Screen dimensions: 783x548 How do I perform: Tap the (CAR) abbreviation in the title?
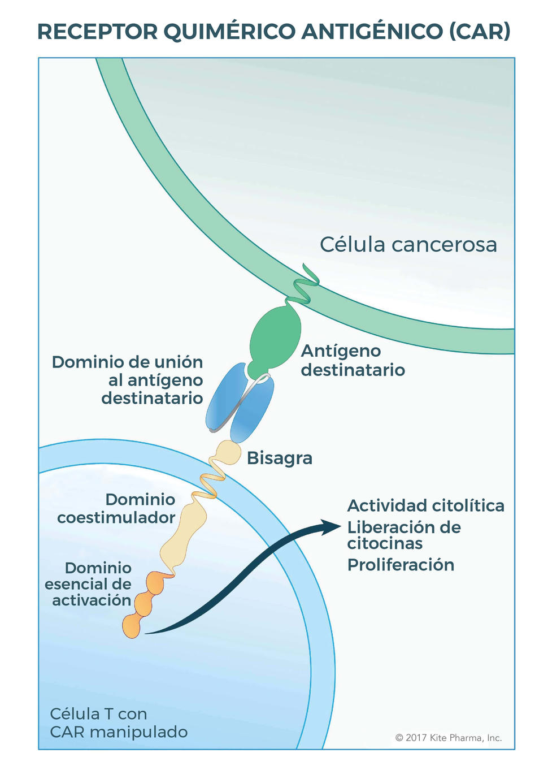(x=480, y=32)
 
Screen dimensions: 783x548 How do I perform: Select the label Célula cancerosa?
(x=408, y=245)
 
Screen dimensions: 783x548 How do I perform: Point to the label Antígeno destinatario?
(x=353, y=360)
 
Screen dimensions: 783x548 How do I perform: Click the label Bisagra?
(x=280, y=457)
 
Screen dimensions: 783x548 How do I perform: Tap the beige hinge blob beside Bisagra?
(x=229, y=452)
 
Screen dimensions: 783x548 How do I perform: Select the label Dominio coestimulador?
(x=117, y=508)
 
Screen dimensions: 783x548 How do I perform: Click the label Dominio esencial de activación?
(x=89, y=584)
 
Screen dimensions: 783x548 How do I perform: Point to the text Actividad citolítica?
(x=425, y=505)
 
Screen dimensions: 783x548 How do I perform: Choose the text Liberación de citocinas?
(x=403, y=535)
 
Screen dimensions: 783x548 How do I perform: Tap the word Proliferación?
(x=401, y=565)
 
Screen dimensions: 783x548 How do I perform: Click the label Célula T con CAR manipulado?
(x=118, y=723)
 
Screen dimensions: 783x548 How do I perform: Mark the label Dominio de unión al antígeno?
(x=128, y=380)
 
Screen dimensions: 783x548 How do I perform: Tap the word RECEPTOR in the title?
(x=97, y=32)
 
